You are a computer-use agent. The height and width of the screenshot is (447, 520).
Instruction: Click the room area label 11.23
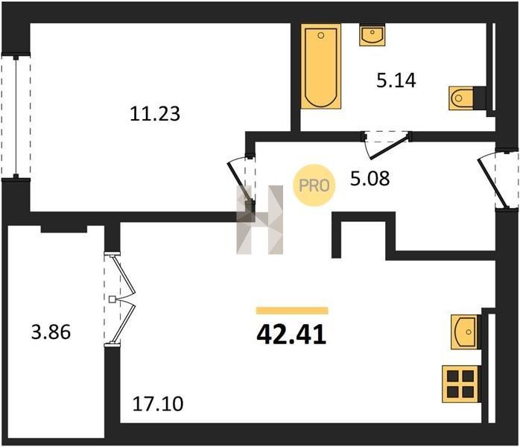(x=155, y=114)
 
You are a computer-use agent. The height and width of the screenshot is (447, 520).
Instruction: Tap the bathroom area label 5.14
(x=396, y=80)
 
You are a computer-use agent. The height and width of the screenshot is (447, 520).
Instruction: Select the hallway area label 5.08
(x=370, y=178)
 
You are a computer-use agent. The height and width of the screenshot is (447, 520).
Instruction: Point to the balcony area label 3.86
(x=51, y=332)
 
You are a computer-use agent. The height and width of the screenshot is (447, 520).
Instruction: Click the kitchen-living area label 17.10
(x=157, y=404)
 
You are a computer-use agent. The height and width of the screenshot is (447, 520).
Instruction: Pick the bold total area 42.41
(x=291, y=335)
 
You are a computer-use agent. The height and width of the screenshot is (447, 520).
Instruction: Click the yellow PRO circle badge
(x=314, y=186)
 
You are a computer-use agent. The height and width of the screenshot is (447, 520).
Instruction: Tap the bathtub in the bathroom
(x=320, y=66)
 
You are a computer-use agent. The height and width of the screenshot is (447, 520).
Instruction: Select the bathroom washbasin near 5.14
(x=372, y=36)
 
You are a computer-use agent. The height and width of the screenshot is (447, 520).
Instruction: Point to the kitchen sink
(x=466, y=332)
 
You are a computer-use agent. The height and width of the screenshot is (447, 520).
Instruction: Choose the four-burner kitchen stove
(x=460, y=384)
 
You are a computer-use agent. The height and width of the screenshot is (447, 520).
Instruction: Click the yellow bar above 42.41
(x=292, y=311)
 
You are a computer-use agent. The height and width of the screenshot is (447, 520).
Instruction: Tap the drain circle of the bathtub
(x=320, y=35)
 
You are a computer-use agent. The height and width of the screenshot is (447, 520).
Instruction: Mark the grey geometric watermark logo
(x=260, y=220)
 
